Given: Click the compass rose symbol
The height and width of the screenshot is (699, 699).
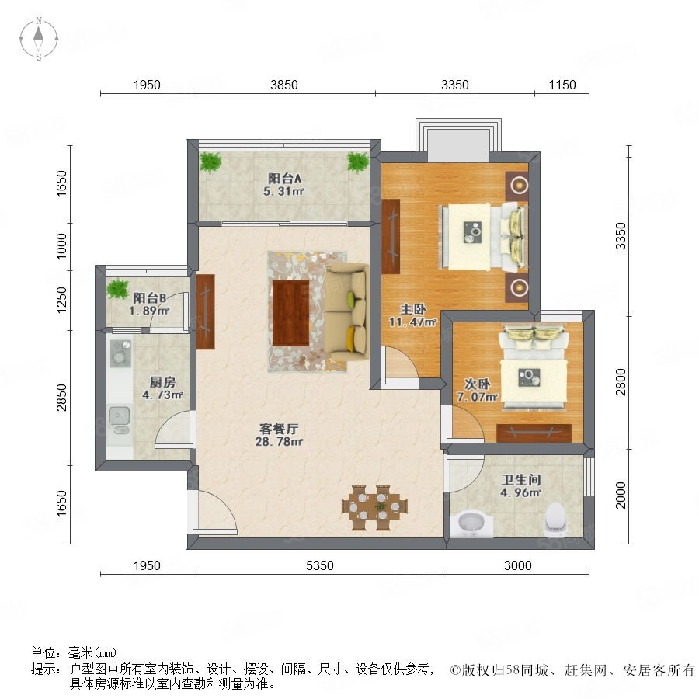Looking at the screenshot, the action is tap(39, 39).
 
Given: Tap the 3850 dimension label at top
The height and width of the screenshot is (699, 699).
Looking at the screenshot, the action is tap(284, 85).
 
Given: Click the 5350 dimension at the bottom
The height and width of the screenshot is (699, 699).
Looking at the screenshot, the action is tap(320, 565).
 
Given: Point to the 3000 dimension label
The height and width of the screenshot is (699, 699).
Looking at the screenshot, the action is tap(517, 565).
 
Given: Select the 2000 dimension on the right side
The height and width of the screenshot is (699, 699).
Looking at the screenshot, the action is tap(621, 495).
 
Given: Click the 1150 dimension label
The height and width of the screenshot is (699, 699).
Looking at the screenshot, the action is tap(562, 85).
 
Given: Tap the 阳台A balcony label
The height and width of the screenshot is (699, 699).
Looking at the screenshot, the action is tap(284, 179).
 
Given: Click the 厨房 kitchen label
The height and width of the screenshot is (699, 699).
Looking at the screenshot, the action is tap(162, 382).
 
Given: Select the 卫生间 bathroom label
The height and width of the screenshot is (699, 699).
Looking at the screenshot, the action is tap(521, 480).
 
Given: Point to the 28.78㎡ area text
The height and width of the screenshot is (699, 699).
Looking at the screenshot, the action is tap(279, 442).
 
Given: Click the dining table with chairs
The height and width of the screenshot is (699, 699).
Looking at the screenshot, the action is tap(374, 508).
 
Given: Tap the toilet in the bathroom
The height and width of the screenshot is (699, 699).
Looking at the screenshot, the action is tap(556, 520).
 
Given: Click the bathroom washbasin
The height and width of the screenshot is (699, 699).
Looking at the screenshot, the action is tap(471, 525).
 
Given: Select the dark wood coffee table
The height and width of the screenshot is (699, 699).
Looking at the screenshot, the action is tap(290, 312).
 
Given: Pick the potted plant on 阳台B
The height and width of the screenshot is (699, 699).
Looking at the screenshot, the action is tap(118, 288).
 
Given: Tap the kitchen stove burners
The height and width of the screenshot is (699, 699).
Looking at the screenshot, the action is tap(120, 353).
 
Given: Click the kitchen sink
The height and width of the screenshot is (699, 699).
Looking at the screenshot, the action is tap(119, 419).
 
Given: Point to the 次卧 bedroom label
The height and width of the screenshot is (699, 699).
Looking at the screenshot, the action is tap(478, 384).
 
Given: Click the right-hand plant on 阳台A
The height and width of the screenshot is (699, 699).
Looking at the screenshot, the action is tap(358, 162).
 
